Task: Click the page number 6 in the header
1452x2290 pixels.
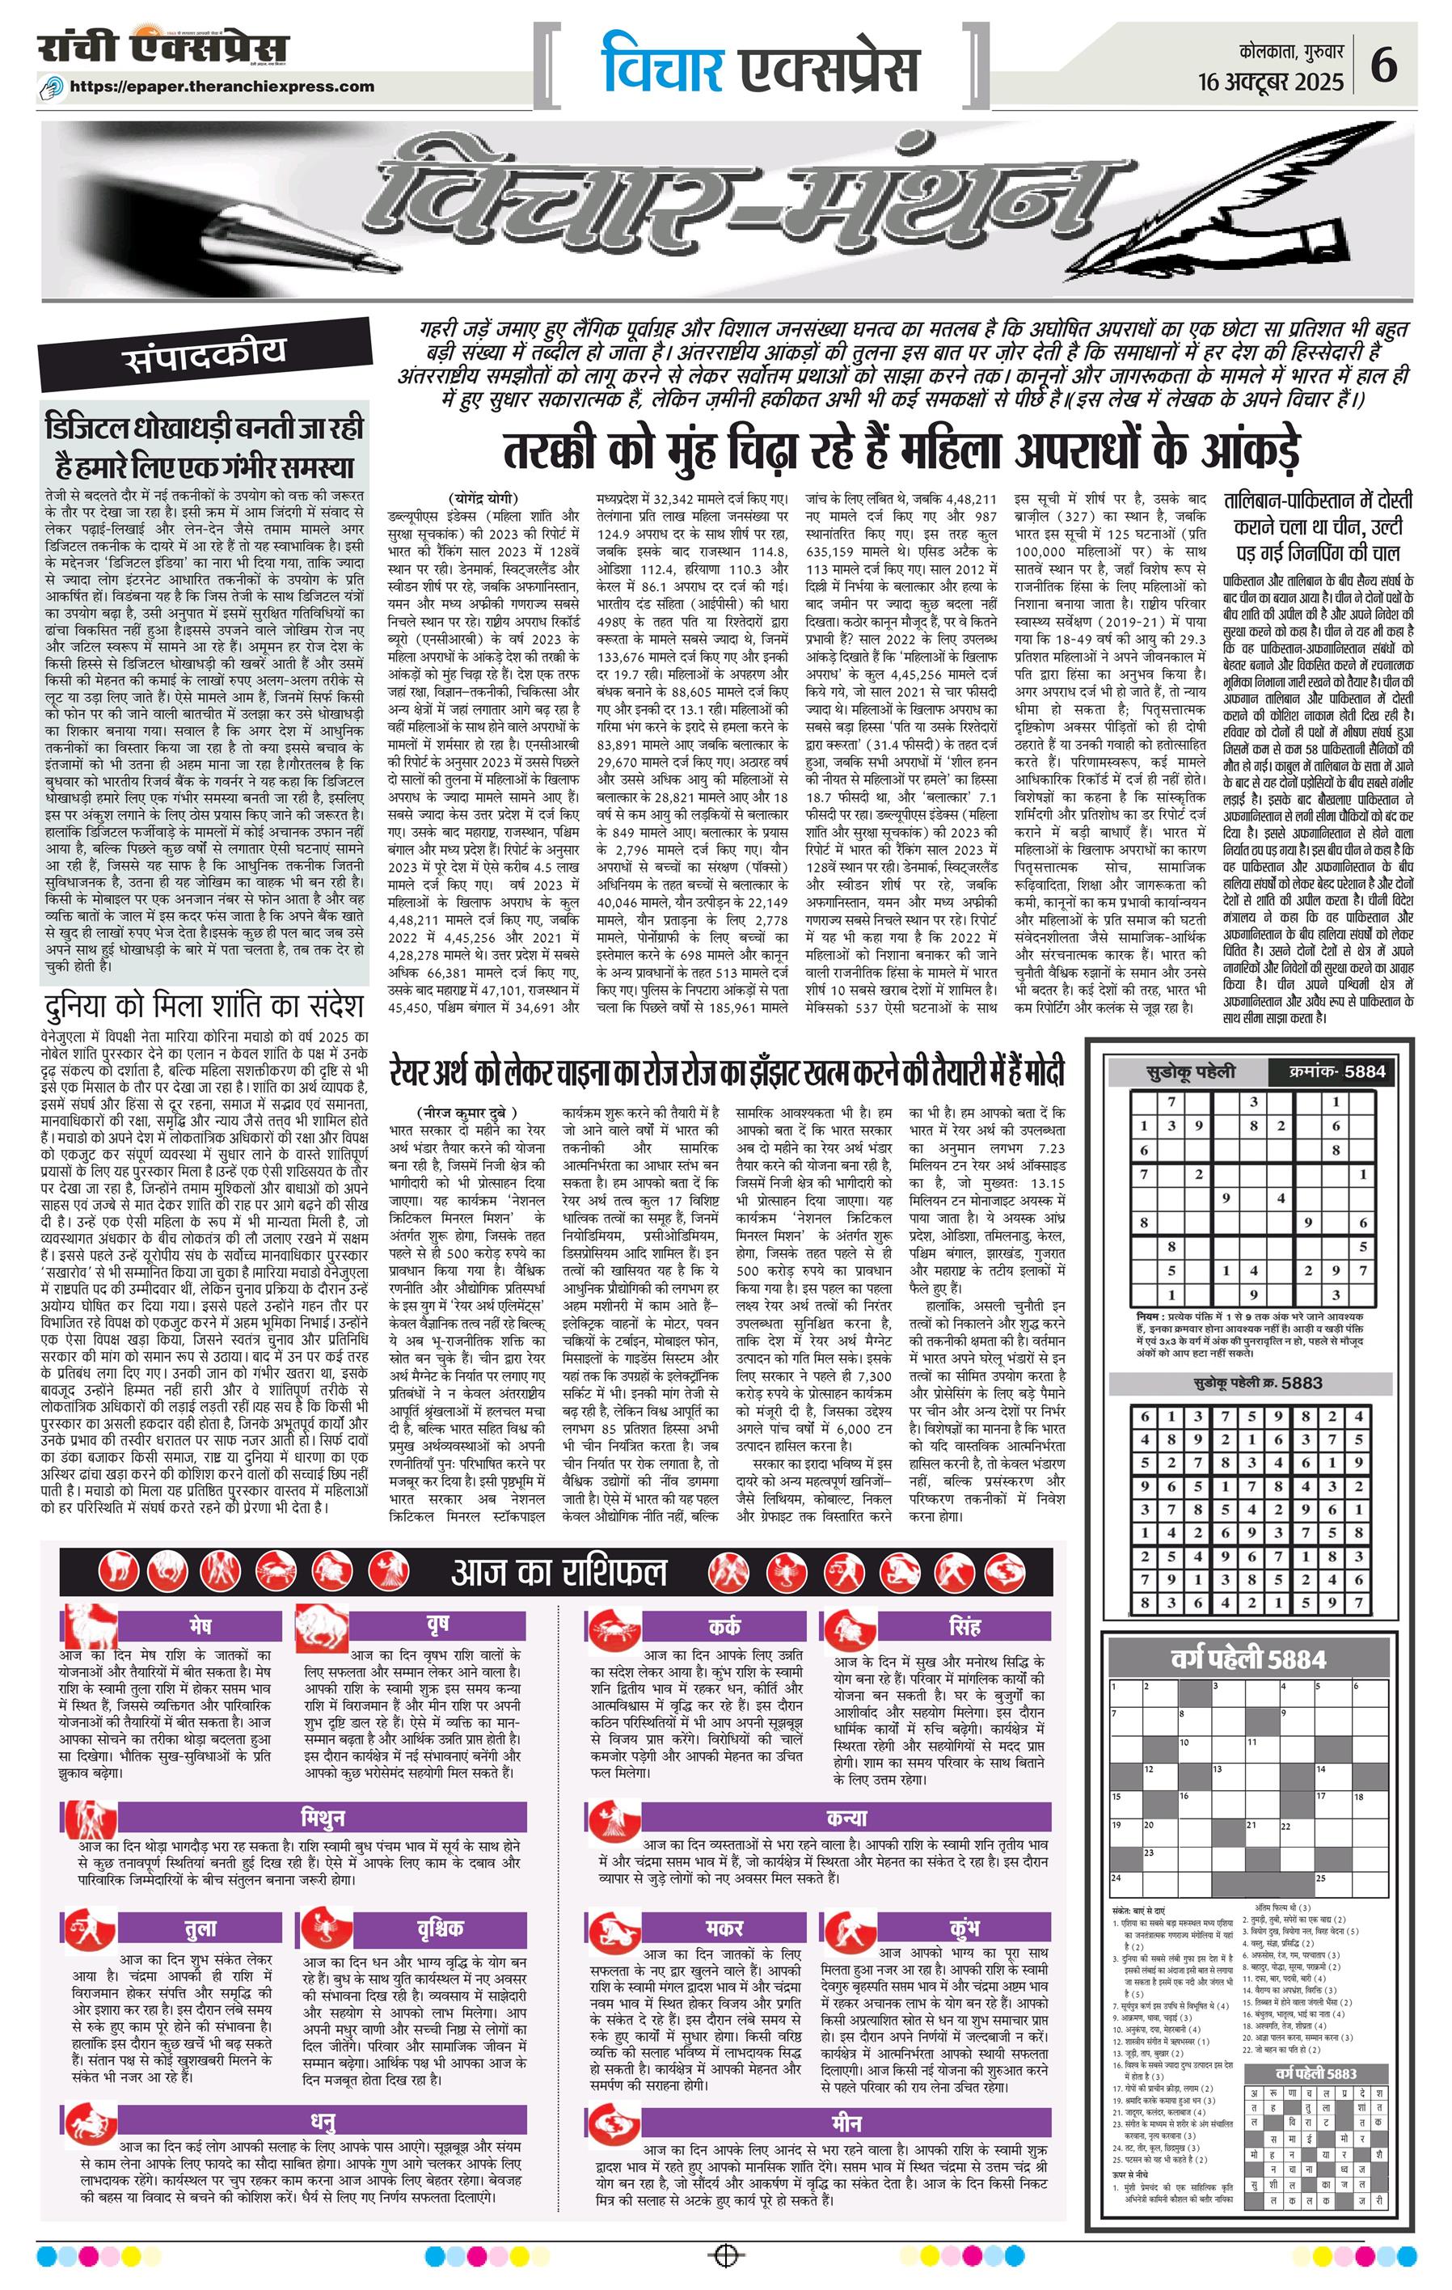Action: click(1384, 69)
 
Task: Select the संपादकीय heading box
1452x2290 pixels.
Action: click(205, 354)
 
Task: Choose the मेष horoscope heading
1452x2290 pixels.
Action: click(200, 1622)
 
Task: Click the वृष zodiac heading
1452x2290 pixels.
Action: click(437, 1622)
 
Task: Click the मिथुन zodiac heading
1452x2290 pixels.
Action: click(323, 1817)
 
